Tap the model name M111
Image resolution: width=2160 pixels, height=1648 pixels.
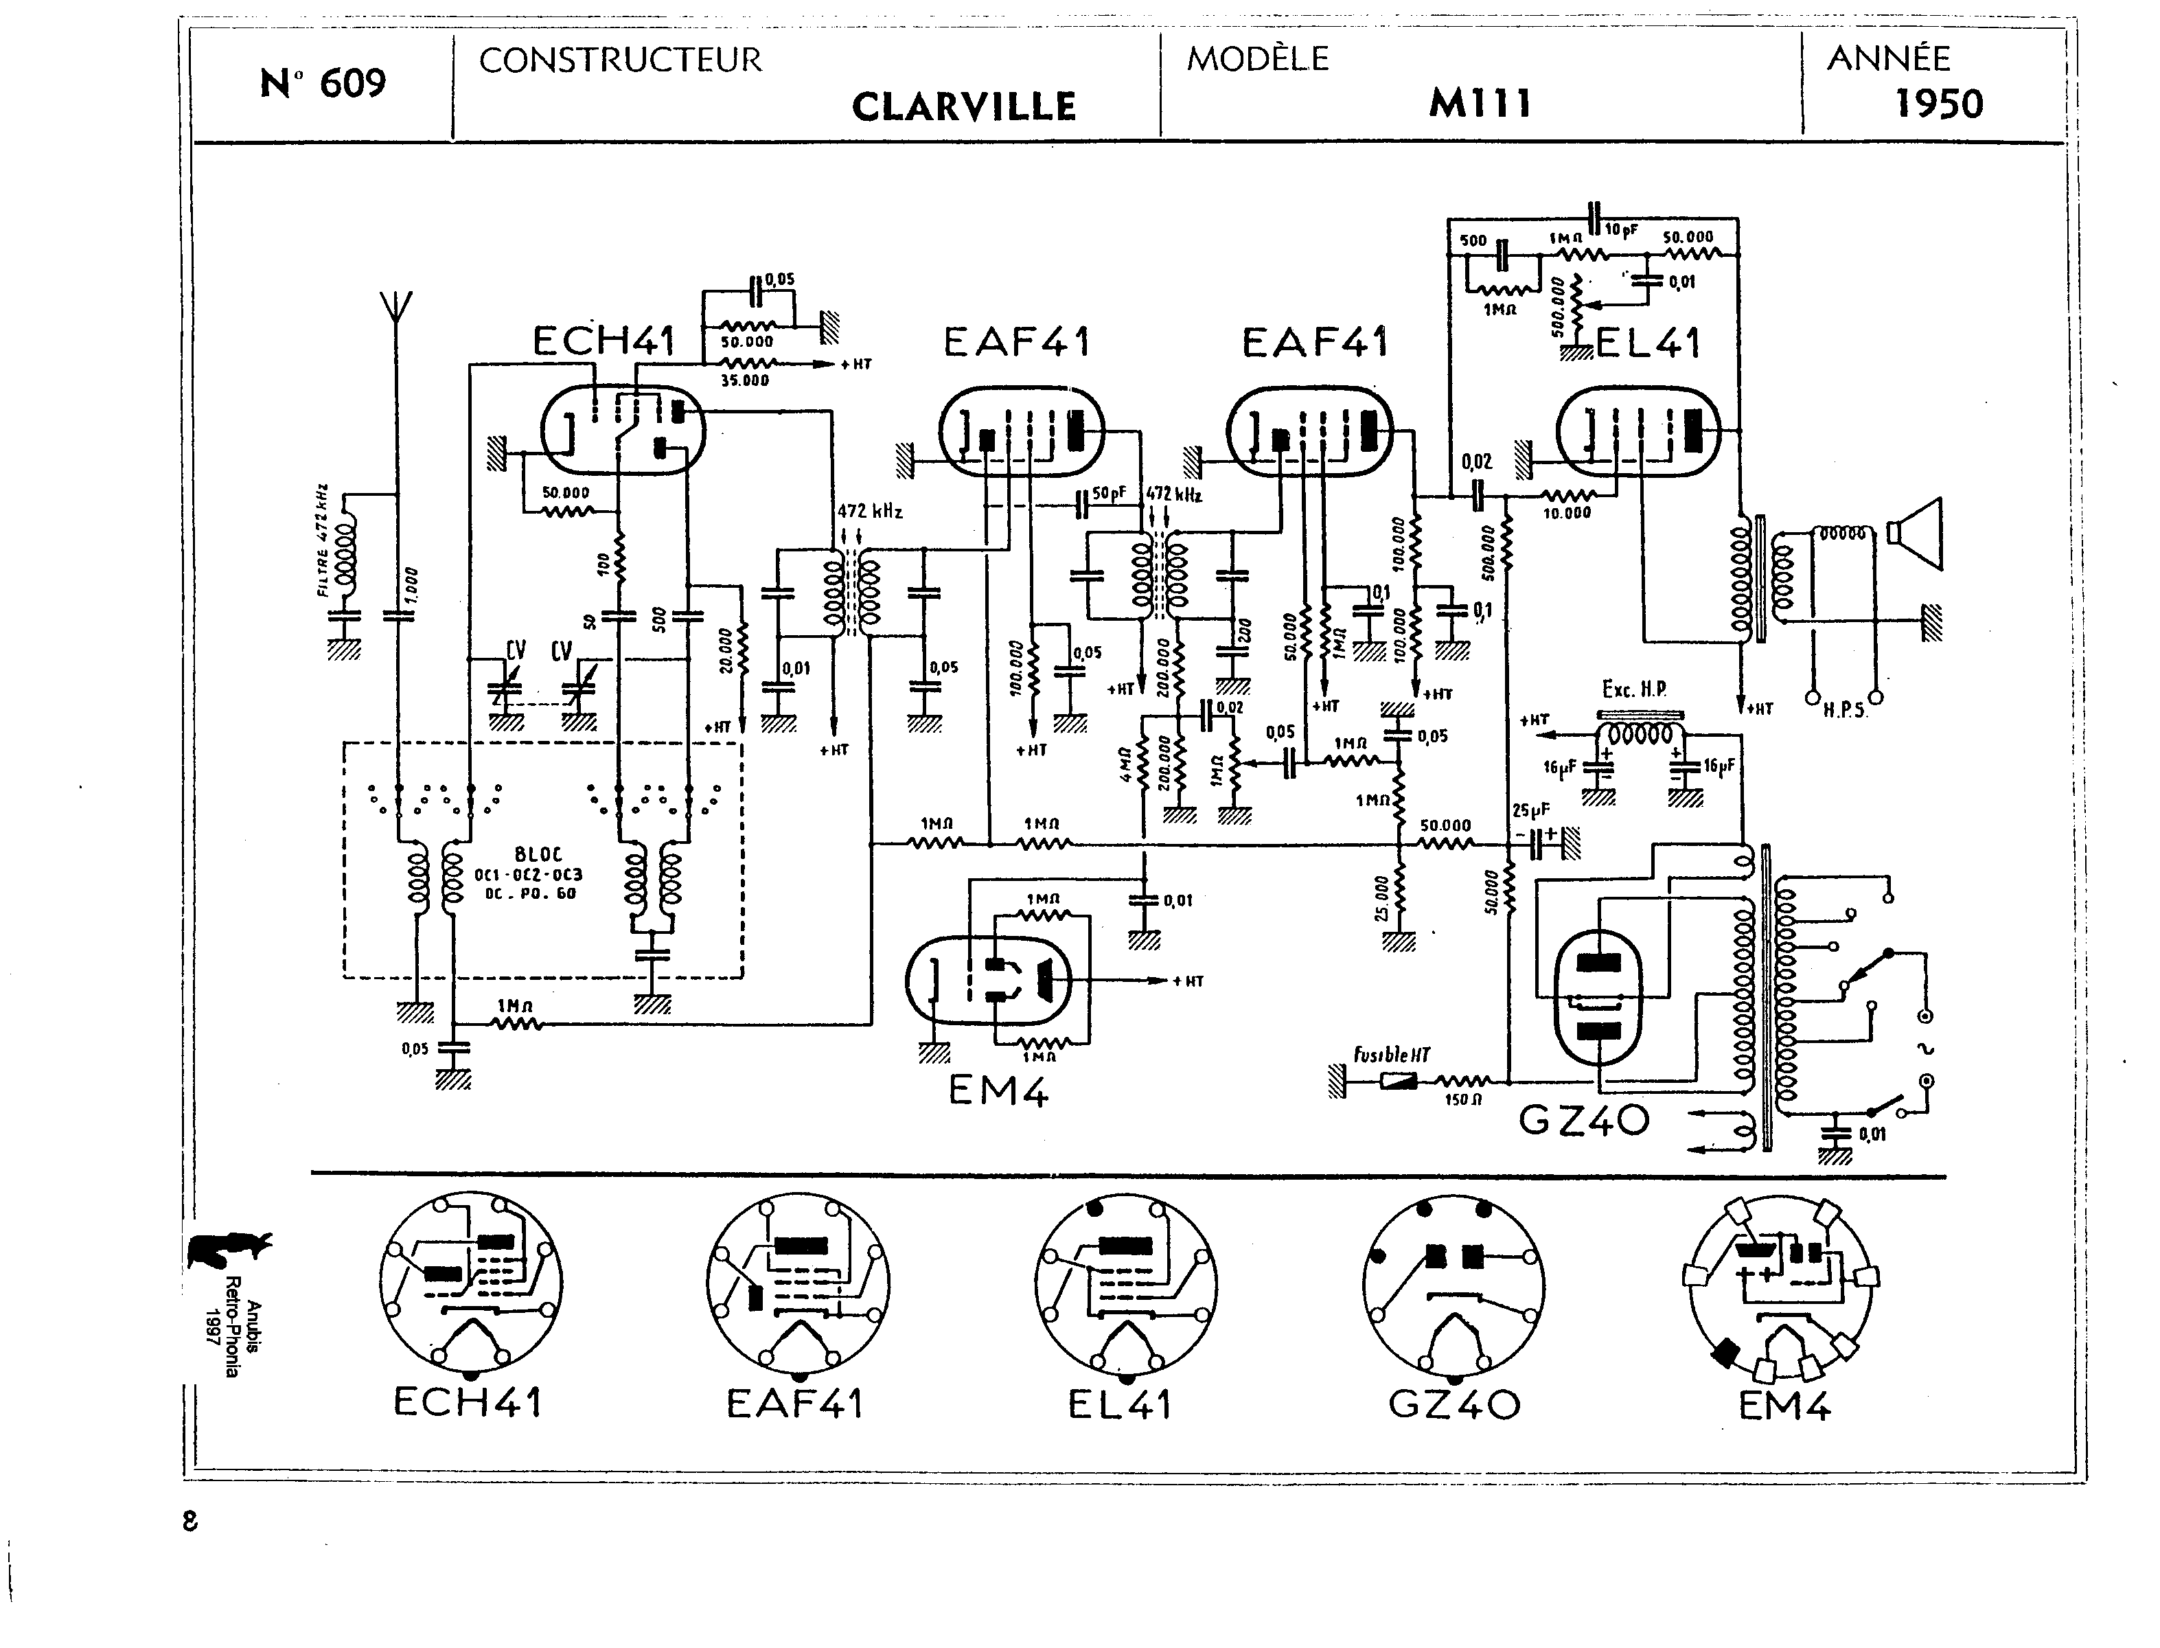[x=1479, y=103]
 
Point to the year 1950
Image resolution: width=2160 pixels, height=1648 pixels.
[x=1938, y=104]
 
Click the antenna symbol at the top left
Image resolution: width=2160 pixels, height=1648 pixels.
[x=396, y=306]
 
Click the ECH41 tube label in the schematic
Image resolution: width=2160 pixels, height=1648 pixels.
[x=604, y=341]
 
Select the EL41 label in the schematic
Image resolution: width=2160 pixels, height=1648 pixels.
[x=1648, y=343]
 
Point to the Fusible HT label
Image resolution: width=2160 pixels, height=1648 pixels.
[x=1391, y=1055]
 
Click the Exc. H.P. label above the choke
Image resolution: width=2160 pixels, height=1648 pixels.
[x=1634, y=689]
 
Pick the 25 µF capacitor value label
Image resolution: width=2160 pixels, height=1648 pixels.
[x=1530, y=810]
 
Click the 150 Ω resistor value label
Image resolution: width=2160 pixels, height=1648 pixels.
[x=1462, y=1099]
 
